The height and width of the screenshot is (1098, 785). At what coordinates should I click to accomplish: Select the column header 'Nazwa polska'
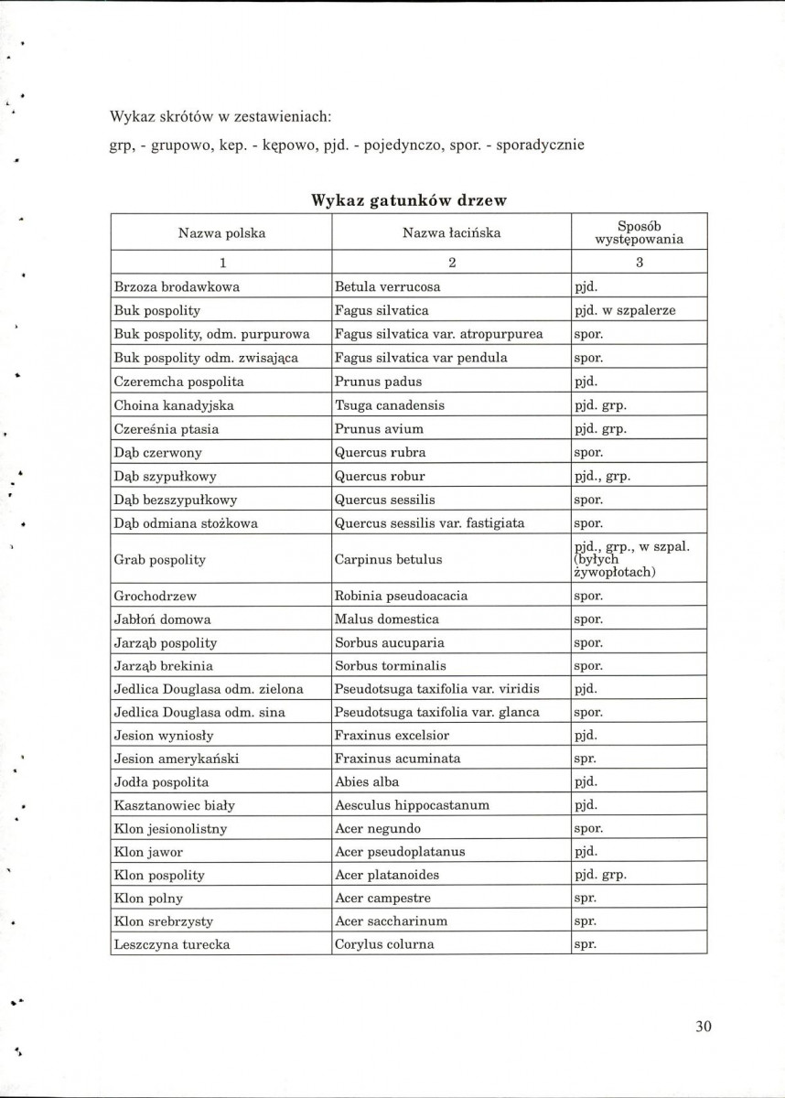click(221, 232)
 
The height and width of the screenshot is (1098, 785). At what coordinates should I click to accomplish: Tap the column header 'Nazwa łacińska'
click(451, 232)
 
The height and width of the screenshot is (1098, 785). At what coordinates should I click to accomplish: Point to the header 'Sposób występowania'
click(640, 232)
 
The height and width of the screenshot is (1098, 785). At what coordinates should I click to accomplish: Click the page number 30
click(703, 1026)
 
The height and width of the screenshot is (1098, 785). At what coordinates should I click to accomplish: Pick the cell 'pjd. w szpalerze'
click(625, 310)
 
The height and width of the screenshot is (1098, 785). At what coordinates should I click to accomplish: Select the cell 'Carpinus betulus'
click(388, 559)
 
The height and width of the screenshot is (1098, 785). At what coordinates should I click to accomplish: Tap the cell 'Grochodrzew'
click(156, 596)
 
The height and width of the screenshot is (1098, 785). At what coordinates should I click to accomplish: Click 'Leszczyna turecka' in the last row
click(172, 944)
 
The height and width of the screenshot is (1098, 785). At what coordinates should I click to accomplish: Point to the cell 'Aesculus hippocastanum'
click(412, 805)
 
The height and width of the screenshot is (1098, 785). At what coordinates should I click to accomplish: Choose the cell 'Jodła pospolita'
click(162, 781)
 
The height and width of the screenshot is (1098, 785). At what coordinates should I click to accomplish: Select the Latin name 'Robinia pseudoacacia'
click(401, 596)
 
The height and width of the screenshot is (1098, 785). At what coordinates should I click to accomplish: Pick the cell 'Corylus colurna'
click(384, 944)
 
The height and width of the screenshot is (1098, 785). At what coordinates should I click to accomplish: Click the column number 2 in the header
click(451, 263)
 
